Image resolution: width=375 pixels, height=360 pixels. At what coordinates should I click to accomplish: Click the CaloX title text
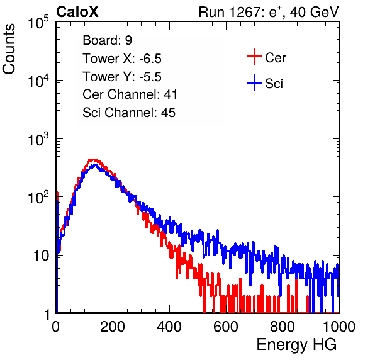click(77, 12)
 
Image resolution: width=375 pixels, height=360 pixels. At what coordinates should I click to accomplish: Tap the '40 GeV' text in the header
click(315, 12)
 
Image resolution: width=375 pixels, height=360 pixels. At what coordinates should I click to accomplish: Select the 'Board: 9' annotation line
click(107, 40)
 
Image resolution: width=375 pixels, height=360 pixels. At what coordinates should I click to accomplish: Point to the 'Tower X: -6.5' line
click(122, 59)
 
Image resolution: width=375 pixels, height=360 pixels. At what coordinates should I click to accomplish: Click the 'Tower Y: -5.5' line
click(122, 77)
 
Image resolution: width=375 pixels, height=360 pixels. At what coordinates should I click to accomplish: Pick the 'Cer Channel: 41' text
click(130, 94)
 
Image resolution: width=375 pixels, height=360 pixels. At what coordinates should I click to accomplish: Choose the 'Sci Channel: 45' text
click(129, 113)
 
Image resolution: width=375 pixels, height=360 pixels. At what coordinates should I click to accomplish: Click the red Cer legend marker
click(254, 57)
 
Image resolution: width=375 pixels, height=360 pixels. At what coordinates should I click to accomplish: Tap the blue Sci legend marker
click(254, 82)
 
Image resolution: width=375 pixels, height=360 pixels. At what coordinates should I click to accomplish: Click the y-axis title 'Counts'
click(9, 49)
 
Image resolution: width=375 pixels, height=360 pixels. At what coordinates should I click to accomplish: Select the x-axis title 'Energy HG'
click(296, 344)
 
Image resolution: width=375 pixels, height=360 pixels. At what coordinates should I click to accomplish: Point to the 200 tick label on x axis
click(113, 327)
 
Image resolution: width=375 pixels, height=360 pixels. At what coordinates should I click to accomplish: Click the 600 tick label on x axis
click(226, 327)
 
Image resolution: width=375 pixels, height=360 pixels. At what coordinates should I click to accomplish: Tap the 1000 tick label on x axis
click(339, 327)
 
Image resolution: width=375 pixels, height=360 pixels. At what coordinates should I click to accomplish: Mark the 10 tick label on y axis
click(41, 256)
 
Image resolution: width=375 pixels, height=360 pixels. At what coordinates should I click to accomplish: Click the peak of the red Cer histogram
click(92, 160)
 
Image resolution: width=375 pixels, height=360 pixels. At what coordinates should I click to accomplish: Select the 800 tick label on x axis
click(283, 327)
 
